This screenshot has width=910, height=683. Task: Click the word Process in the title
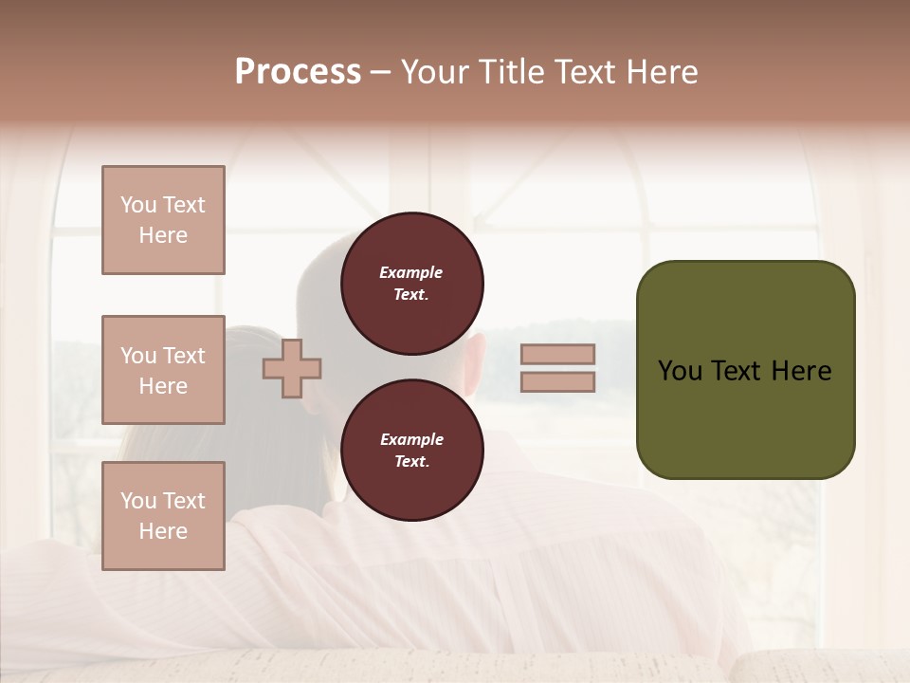298,72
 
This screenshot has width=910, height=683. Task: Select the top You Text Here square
163,220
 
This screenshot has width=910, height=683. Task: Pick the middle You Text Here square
163,370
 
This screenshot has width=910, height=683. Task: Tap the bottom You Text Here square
163,516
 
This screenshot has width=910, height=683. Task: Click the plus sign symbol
292,368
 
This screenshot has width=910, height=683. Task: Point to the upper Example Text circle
411,284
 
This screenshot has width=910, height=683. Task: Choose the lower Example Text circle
411,450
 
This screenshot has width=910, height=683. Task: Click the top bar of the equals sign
557,354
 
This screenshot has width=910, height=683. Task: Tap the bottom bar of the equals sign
557,382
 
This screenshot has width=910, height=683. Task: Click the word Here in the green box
802,371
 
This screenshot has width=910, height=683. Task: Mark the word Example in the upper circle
411,272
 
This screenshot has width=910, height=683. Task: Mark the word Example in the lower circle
411,439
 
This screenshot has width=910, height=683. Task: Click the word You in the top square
137,205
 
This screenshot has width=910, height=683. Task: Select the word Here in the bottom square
163,531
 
